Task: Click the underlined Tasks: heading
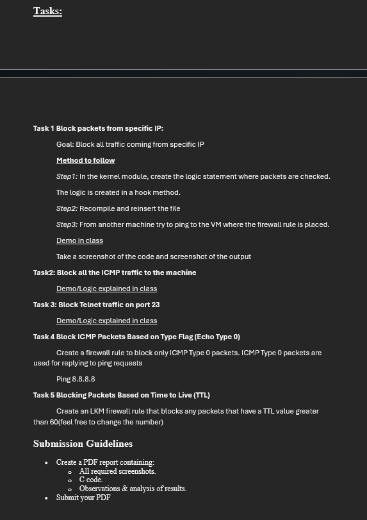pyautogui.click(x=47, y=11)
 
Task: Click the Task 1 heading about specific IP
pyautogui.click(x=98, y=128)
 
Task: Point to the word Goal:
pyautogui.click(x=65, y=144)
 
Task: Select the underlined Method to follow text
pyautogui.click(x=85, y=160)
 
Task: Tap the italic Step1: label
pyautogui.click(x=67, y=176)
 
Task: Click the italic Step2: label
pyautogui.click(x=67, y=208)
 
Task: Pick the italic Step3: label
pyautogui.click(x=67, y=224)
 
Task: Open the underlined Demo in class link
pyautogui.click(x=79, y=240)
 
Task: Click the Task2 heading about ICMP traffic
pyautogui.click(x=115, y=273)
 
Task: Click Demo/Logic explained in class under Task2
pyautogui.click(x=106, y=289)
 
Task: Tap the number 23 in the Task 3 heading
pyautogui.click(x=156, y=305)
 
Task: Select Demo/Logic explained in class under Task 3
pyautogui.click(x=106, y=321)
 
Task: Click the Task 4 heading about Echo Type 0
pyautogui.click(x=136, y=337)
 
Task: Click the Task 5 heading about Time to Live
pyautogui.click(x=122, y=395)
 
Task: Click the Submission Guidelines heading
pyautogui.click(x=83, y=444)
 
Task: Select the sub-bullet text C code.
pyautogui.click(x=91, y=480)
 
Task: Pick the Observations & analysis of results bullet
pyautogui.click(x=133, y=489)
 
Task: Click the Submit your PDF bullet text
pyautogui.click(x=83, y=498)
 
